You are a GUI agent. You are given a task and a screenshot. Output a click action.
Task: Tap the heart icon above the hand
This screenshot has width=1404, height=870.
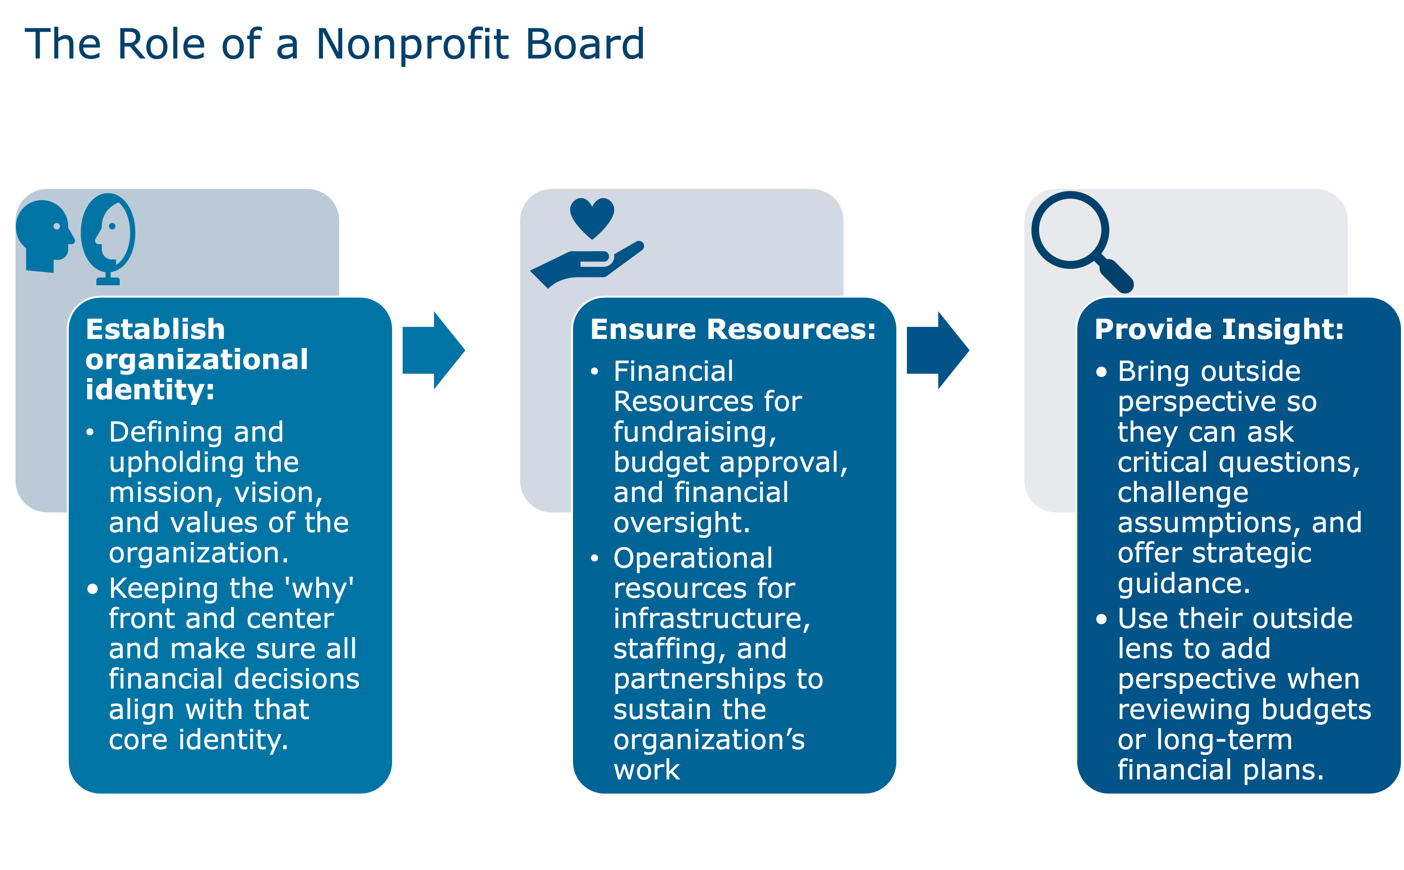592,217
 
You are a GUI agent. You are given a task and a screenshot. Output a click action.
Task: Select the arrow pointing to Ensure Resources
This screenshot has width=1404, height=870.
433,350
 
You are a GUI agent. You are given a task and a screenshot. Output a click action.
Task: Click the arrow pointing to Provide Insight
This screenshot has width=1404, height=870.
937,350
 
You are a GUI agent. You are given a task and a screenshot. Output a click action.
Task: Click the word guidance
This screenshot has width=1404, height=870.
1183,584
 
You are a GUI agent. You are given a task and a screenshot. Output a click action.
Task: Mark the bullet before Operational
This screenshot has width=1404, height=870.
594,558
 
